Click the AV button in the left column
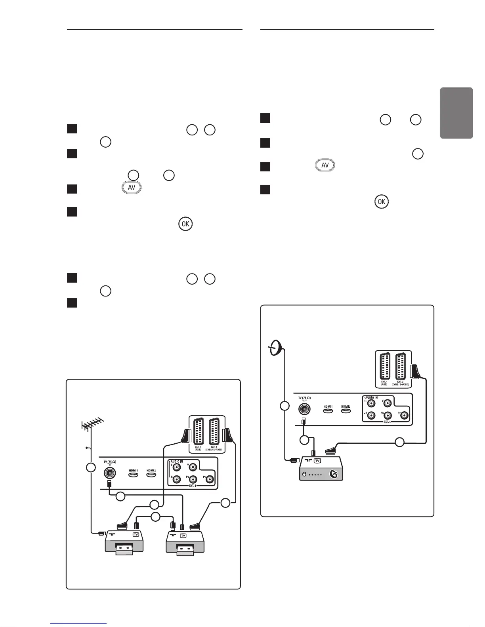coord(132,188)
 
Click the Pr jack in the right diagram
coord(405,416)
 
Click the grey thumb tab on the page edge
coord(456,113)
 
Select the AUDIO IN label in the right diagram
coord(371,397)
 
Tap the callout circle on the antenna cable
coord(91,467)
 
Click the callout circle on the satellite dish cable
coord(284,407)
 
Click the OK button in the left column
coord(185,224)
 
